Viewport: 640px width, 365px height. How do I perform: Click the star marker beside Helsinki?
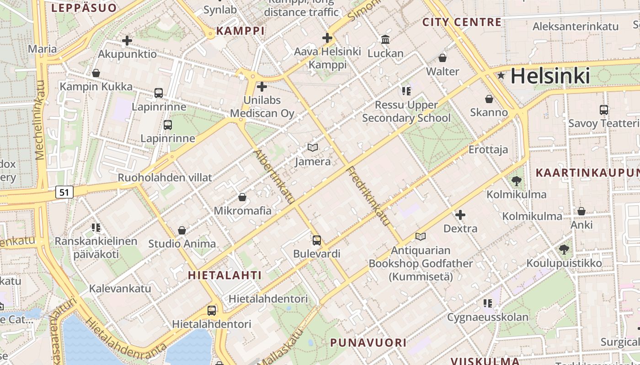coord(501,75)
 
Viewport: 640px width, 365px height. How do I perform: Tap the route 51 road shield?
coord(64,192)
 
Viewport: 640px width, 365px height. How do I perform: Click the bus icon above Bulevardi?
coord(317,240)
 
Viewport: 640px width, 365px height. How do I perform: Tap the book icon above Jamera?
coord(313,147)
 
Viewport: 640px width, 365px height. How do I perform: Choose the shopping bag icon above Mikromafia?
coord(242,197)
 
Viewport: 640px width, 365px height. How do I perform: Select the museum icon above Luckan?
coord(385,40)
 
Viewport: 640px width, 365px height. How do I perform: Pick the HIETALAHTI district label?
coord(225,275)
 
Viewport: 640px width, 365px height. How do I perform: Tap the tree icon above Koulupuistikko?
coord(564,249)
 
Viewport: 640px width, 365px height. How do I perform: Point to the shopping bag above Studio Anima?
coord(182,230)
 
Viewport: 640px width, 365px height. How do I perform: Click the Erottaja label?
coord(488,149)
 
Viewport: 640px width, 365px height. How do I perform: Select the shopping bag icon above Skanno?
coord(489,99)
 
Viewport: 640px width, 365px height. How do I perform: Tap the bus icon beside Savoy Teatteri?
coord(604,109)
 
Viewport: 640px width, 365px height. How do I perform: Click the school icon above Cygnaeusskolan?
coord(488,303)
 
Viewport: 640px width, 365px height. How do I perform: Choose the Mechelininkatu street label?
coord(40,120)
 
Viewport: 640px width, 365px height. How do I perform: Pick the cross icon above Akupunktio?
coord(127,41)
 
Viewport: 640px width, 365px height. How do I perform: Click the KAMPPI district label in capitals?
coord(240,31)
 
